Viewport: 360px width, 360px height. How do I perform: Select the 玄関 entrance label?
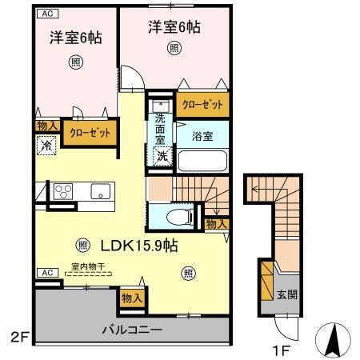[288, 294]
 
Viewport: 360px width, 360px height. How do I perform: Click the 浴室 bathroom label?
[202, 137]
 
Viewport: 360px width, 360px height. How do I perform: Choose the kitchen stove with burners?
[63, 192]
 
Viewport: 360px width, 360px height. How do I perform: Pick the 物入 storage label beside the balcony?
[132, 298]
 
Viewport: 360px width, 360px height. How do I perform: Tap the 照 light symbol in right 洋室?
[174, 47]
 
